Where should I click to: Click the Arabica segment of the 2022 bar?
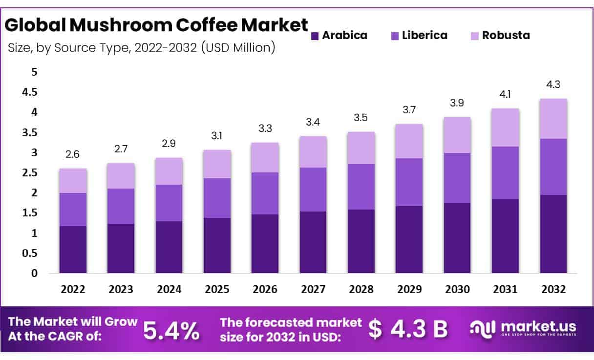pyautogui.click(x=73, y=249)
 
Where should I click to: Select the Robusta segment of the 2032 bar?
pyautogui.click(x=553, y=119)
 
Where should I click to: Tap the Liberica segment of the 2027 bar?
pyautogui.click(x=313, y=190)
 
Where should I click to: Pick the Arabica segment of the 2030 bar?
pyautogui.click(x=457, y=238)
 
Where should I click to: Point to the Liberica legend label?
pyautogui.click(x=424, y=36)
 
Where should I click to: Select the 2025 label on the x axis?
pyautogui.click(x=217, y=290)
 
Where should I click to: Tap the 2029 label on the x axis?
pyautogui.click(x=409, y=290)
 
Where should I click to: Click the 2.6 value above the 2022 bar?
pyautogui.click(x=73, y=155)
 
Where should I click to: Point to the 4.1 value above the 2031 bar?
pyautogui.click(x=505, y=94)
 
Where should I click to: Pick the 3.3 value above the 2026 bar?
pyautogui.click(x=265, y=129)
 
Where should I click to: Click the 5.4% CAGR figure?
pyautogui.click(x=171, y=331)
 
